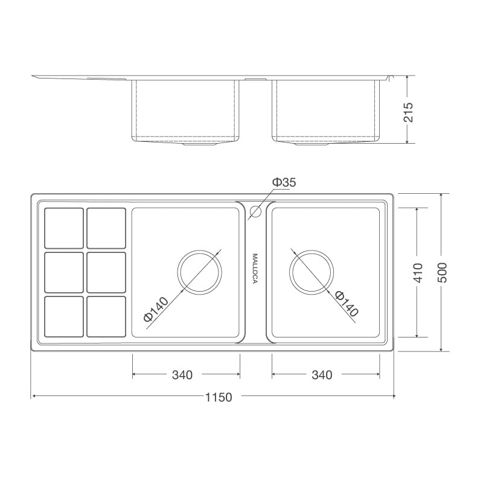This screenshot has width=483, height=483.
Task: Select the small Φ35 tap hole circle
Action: [x=255, y=211]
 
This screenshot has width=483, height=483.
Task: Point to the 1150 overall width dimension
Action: [x=218, y=397]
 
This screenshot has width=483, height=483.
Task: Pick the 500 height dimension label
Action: [x=443, y=273]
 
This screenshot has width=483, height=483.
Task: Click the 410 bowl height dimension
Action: [x=418, y=272]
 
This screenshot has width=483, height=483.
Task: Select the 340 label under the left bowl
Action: [x=182, y=375]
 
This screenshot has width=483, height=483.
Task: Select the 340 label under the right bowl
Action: [x=322, y=375]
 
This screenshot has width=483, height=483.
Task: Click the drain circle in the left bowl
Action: [x=200, y=272]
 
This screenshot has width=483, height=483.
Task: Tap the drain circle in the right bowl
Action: [x=312, y=272]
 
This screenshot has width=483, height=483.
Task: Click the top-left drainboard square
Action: [x=64, y=228]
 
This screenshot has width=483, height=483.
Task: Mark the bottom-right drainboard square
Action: [x=106, y=316]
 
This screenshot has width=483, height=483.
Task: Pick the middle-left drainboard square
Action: [x=64, y=272]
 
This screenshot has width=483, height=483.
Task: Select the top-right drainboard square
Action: [x=106, y=228]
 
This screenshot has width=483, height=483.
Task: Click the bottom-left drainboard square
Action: [x=64, y=316]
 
